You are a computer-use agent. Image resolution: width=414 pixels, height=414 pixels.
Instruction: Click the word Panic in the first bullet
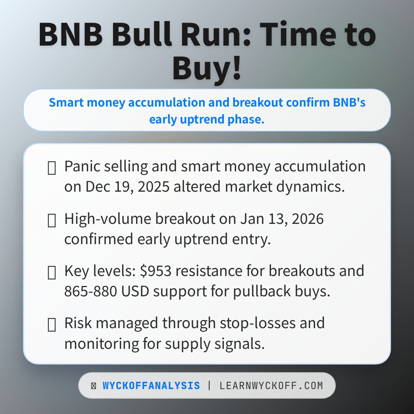click(x=81, y=166)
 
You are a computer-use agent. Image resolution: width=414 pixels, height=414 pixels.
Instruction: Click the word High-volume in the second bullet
click(x=107, y=219)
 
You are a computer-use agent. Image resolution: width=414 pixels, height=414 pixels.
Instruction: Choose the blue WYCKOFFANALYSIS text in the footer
click(x=151, y=386)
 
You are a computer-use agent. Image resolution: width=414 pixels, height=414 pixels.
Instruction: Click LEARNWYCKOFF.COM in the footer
click(x=271, y=386)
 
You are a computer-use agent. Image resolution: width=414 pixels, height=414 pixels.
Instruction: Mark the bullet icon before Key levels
click(x=51, y=272)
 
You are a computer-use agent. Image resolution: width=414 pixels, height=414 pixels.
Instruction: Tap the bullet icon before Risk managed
click(x=51, y=324)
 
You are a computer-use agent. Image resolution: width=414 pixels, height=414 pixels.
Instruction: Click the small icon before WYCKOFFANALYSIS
click(x=94, y=386)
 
